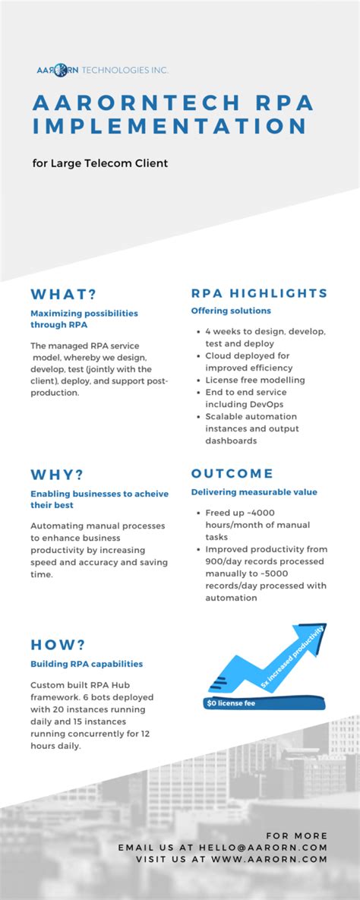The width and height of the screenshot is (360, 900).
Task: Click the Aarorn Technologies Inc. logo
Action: [102, 70]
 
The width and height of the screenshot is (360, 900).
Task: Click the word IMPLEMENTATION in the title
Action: [170, 127]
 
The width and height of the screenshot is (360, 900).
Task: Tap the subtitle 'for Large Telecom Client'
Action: [99, 163]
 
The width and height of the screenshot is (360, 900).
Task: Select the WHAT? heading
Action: [65, 294]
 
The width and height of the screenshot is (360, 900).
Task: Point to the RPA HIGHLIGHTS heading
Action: [259, 293]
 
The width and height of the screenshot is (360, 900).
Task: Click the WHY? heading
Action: [57, 475]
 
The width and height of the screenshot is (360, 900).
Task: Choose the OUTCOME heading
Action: [232, 474]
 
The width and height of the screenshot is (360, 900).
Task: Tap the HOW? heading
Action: [58, 645]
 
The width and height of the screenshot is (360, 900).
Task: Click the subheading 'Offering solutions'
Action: [231, 311]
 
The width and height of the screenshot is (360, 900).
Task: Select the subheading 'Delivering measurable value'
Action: [254, 492]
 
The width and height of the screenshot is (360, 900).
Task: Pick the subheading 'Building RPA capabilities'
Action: [87, 664]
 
